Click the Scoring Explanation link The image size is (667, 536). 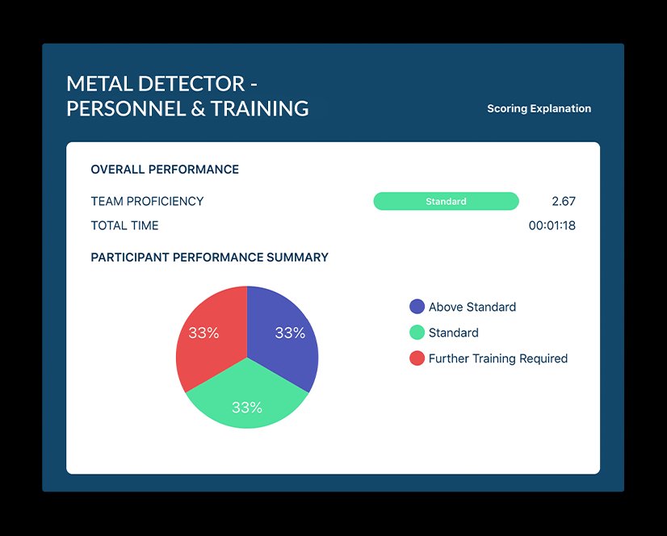tap(539, 108)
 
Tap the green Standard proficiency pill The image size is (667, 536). tap(446, 201)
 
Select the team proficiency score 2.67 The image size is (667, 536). tap(563, 201)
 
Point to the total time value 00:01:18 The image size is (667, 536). tap(552, 226)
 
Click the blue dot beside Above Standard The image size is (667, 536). tap(417, 307)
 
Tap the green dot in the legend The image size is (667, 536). tap(417, 333)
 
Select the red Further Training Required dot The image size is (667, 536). tap(417, 358)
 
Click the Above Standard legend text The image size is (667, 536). tap(472, 307)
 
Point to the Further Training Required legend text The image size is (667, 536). tap(497, 358)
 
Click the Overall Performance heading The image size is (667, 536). tap(165, 170)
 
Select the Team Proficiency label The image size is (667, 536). tap(147, 201)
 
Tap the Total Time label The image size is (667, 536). tap(124, 226)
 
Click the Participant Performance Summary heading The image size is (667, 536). tap(209, 258)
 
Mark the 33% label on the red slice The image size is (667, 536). tap(203, 333)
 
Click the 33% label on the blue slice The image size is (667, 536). tap(290, 333)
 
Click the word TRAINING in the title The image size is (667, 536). tap(259, 108)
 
